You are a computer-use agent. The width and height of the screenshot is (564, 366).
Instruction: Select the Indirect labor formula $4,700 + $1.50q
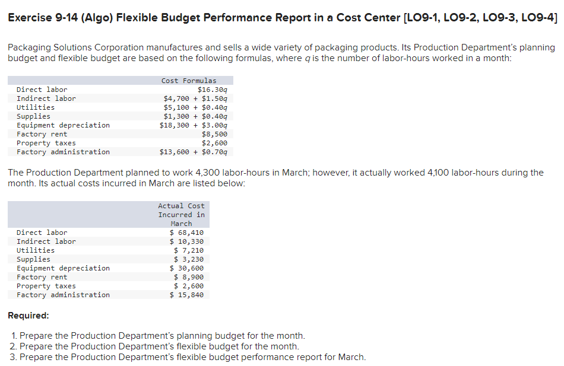click(195, 98)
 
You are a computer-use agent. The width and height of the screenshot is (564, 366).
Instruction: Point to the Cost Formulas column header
click(189, 81)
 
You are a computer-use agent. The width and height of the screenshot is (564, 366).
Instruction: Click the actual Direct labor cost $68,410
click(186, 233)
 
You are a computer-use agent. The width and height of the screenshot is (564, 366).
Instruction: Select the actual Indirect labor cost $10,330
click(186, 241)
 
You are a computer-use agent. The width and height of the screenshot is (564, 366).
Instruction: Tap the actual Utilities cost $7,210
click(189, 250)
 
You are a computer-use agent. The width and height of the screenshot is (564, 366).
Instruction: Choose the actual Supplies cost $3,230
click(189, 259)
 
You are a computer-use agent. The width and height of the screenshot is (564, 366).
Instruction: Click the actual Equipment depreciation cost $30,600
click(186, 268)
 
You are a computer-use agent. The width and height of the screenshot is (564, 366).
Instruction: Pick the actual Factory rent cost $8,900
click(189, 277)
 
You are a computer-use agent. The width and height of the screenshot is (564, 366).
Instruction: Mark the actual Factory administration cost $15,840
click(186, 295)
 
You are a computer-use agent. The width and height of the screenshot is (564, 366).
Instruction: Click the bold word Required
click(28, 316)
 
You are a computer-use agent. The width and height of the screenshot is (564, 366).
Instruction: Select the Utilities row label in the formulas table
click(36, 107)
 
